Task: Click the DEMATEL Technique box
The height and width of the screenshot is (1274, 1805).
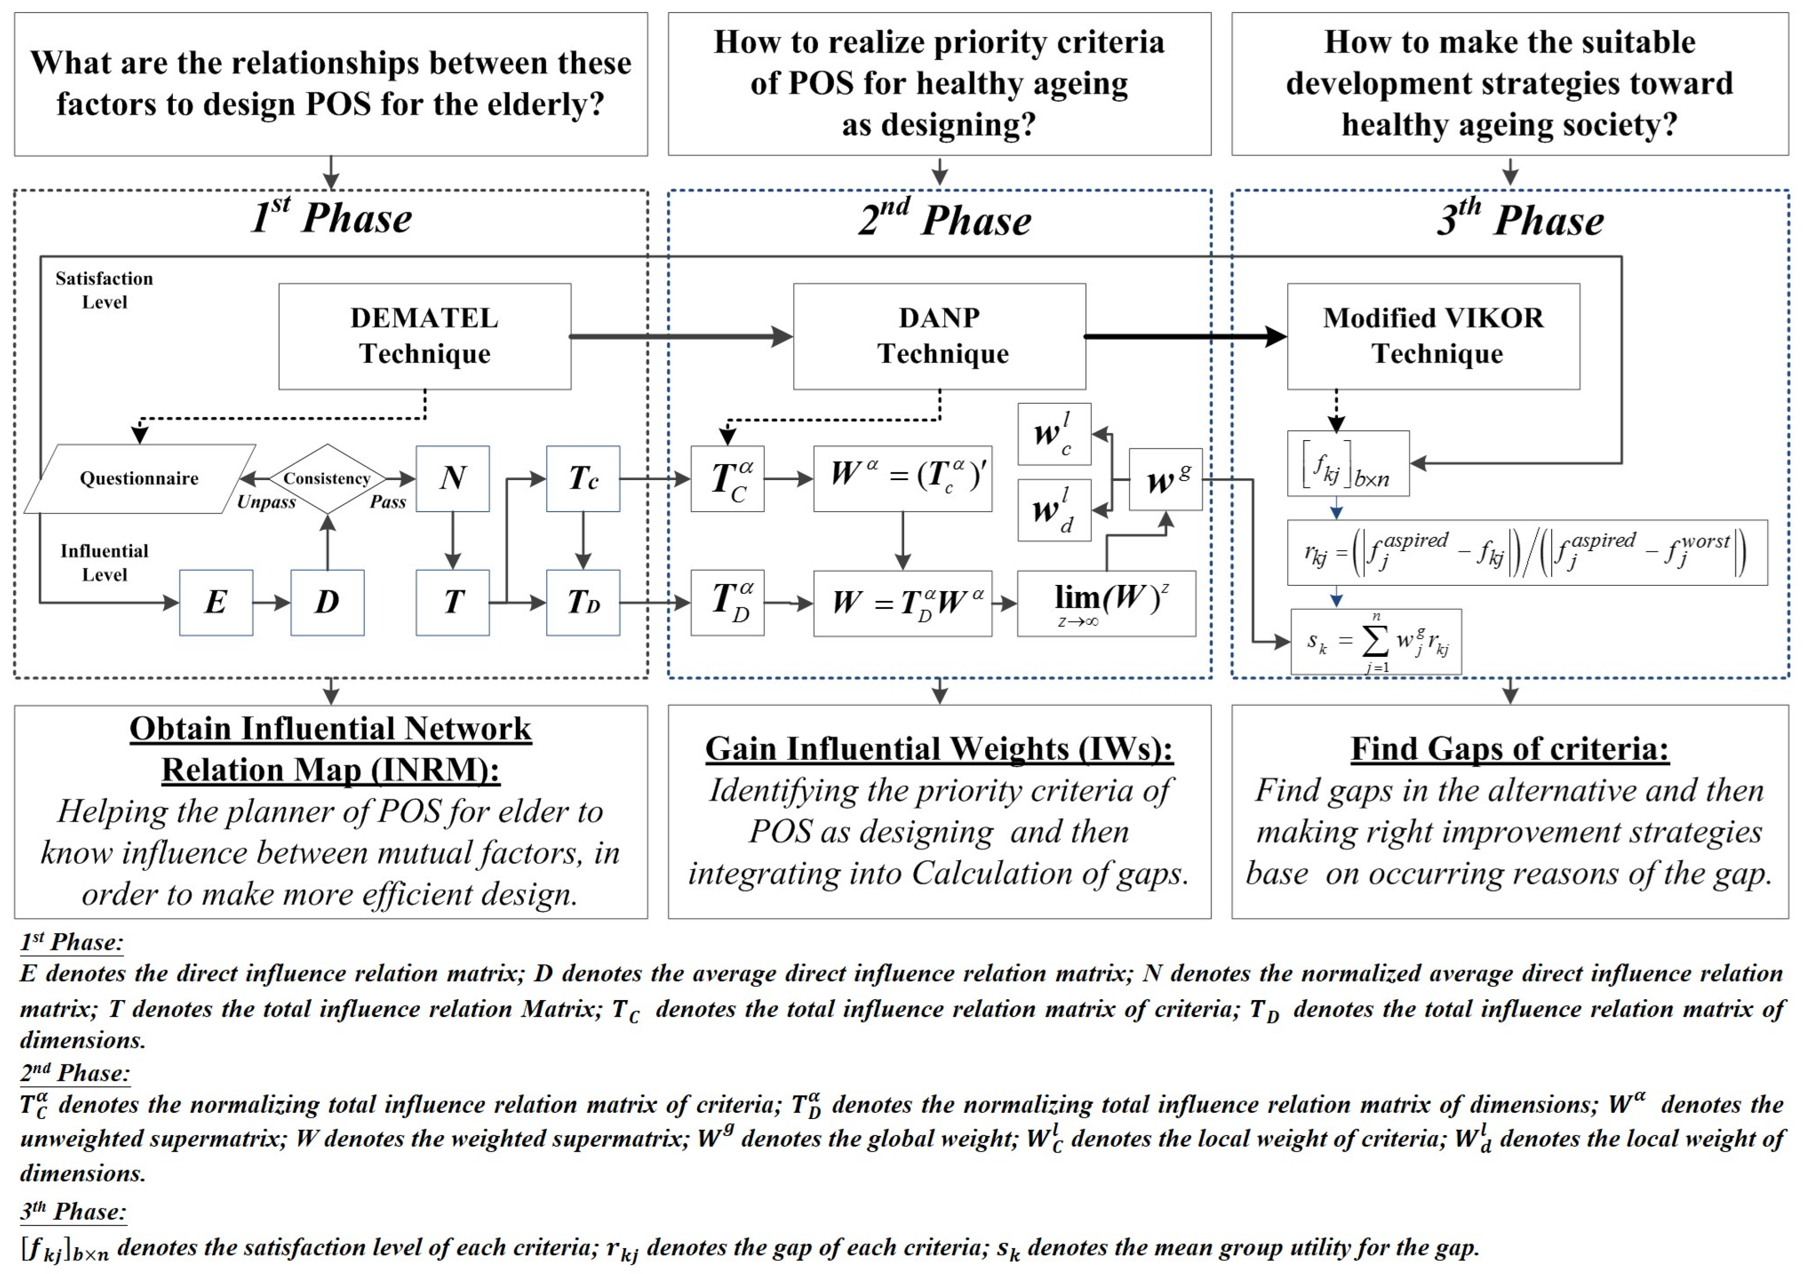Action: pyautogui.click(x=424, y=337)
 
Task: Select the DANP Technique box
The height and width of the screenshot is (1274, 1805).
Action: pyautogui.click(x=939, y=337)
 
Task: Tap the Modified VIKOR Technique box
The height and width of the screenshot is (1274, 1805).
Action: pyautogui.click(x=1433, y=337)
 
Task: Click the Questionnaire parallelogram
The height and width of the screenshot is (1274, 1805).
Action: pyautogui.click(x=139, y=479)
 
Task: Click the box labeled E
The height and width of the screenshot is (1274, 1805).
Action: pyautogui.click(x=216, y=602)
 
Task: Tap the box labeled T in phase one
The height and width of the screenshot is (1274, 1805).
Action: pyautogui.click(x=453, y=602)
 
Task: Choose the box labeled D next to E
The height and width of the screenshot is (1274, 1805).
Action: pyautogui.click(x=327, y=602)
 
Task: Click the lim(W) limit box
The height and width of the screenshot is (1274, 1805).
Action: pyautogui.click(x=1106, y=603)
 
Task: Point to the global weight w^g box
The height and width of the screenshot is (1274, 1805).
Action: pyautogui.click(x=1165, y=479)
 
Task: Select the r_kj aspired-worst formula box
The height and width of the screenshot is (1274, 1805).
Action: pyautogui.click(x=1527, y=552)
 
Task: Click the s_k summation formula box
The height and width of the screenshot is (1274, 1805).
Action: pyautogui.click(x=1376, y=642)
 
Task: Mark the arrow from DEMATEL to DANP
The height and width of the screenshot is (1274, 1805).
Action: pyautogui.click(x=681, y=337)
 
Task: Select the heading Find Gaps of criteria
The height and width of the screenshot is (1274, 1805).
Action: pyautogui.click(x=1509, y=749)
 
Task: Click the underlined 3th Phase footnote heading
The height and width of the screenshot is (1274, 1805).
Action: pyautogui.click(x=73, y=1212)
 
